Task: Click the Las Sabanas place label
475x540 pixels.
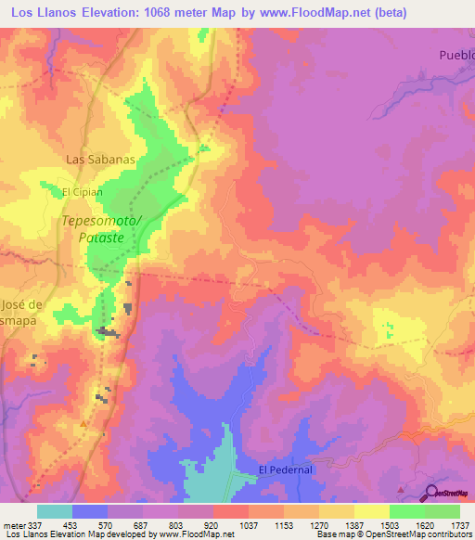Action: click(x=101, y=159)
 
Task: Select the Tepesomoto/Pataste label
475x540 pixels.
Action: click(x=102, y=229)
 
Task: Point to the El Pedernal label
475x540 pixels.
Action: click(x=288, y=469)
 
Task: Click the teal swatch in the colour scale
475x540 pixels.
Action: click(x=55, y=511)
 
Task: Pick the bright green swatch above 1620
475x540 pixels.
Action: click(x=407, y=511)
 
